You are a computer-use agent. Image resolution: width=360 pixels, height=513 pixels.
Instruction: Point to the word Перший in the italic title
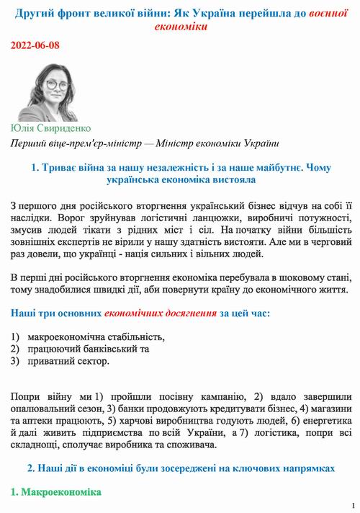[x=29, y=143]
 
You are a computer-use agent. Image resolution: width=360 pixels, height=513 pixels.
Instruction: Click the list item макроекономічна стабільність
[x=96, y=336]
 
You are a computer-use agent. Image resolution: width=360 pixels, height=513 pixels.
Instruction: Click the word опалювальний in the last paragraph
[x=46, y=409]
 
